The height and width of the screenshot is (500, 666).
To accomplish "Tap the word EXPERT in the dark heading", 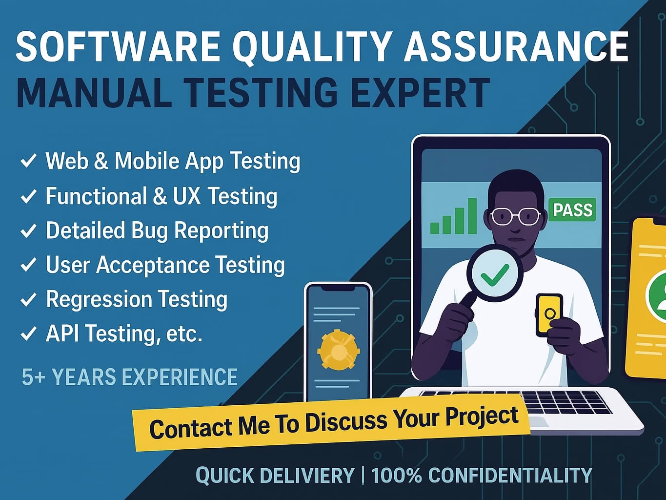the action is [x=420, y=93].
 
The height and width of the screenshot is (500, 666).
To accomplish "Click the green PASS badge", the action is [x=572, y=209].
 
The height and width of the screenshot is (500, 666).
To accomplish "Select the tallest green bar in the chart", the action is [x=472, y=216].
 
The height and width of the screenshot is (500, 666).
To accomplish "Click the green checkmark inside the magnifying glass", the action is [x=495, y=275].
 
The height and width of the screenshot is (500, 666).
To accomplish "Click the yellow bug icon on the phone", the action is [x=338, y=350].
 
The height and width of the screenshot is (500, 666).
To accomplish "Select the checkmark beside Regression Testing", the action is [x=28, y=299].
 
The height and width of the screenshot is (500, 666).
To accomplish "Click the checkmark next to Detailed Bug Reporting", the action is [x=28, y=231].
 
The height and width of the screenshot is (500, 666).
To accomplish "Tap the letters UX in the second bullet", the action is [x=186, y=196].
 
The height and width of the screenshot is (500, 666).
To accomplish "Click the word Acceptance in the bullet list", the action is [x=153, y=265].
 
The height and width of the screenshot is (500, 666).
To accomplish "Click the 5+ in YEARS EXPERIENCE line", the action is [x=33, y=377].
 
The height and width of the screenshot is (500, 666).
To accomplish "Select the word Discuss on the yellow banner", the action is [x=346, y=422].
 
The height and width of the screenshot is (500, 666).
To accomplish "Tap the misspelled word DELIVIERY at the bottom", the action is [x=307, y=475].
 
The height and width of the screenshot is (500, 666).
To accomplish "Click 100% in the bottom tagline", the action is [x=397, y=475].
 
